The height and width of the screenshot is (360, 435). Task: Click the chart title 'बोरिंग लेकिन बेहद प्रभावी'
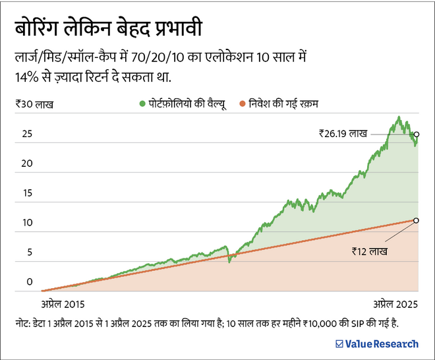click(x=109, y=30)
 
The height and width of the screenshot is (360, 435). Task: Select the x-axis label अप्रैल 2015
click(x=63, y=305)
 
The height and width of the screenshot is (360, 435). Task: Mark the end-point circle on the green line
click(x=416, y=134)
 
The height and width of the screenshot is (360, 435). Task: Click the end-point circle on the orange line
click(x=416, y=220)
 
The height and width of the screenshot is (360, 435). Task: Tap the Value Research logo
click(x=376, y=344)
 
